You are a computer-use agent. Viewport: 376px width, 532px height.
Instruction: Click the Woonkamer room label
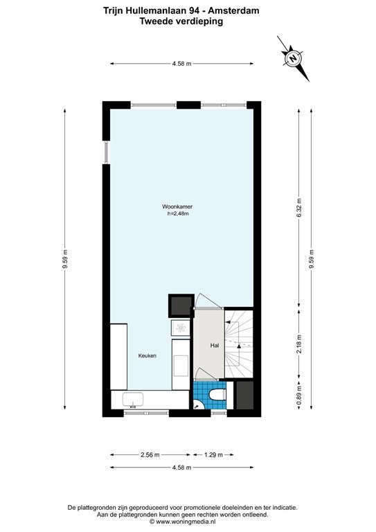click(177, 206)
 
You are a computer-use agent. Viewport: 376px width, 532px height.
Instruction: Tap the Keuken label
click(147, 356)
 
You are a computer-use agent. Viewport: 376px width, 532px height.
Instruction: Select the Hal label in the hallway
click(215, 346)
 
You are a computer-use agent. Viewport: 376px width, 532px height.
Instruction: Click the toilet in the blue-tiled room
click(217, 395)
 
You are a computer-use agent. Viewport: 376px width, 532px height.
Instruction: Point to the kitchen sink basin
click(133, 400)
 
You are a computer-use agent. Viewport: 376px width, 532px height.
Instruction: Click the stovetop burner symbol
click(181, 328)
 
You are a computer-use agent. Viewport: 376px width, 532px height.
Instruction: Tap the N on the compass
click(293, 58)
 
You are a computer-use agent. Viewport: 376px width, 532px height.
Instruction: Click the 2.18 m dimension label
click(298, 344)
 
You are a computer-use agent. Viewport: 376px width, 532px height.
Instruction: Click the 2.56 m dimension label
click(150, 454)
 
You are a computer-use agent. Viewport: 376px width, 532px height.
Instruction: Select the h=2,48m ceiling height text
click(178, 214)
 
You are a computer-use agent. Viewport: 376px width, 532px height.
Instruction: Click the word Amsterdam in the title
click(233, 10)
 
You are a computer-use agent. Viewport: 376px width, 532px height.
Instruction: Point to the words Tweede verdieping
click(181, 21)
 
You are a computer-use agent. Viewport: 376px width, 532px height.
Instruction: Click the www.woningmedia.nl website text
click(186, 522)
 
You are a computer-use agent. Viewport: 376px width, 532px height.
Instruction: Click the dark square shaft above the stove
click(181, 305)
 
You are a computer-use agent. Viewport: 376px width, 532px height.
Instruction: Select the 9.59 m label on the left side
click(65, 259)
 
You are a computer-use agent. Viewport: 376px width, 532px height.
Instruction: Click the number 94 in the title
click(195, 10)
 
